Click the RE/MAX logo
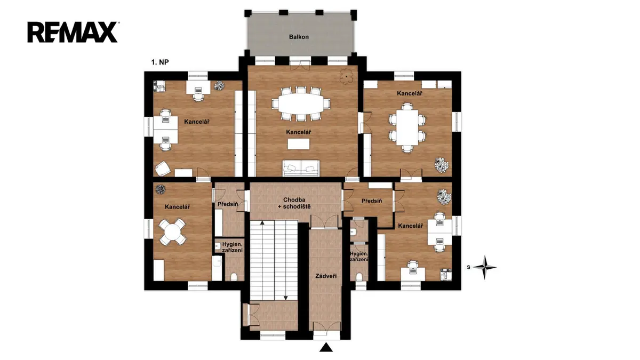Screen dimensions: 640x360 click(73, 32)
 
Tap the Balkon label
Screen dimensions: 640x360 click(299, 37)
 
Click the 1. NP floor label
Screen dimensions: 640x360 click(160, 62)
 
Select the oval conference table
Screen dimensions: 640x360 click(301, 103)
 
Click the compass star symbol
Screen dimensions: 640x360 click(485, 267)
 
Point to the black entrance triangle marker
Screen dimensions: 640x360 click(326, 347)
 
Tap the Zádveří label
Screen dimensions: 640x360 click(326, 276)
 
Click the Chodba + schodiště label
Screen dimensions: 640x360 click(294, 203)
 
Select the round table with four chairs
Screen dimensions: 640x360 click(172, 231)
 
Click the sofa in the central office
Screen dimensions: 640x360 click(301, 168)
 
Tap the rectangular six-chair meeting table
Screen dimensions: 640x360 click(407, 127)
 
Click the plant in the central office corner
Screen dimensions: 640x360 click(346, 76)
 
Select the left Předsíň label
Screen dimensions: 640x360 click(228, 204)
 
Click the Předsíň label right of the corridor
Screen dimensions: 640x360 click(372, 201)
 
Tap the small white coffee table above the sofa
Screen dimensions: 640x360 click(299, 144)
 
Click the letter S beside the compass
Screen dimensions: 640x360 click(469, 267)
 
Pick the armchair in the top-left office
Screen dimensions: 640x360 click(163, 169)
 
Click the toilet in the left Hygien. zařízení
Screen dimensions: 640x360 click(234, 277)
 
